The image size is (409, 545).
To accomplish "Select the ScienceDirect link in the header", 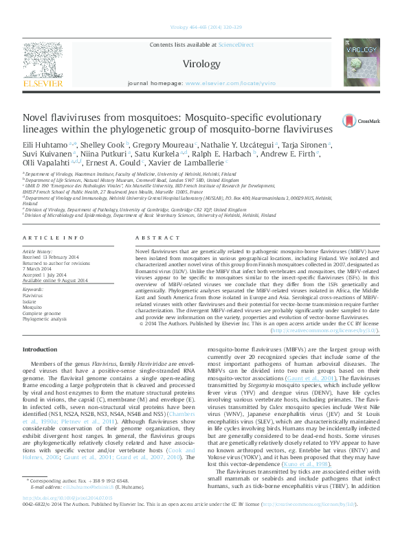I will (236, 45).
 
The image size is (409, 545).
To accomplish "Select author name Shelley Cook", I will (107, 146).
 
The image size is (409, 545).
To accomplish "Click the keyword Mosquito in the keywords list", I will (34, 307).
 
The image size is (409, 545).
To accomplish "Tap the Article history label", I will (41, 252).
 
